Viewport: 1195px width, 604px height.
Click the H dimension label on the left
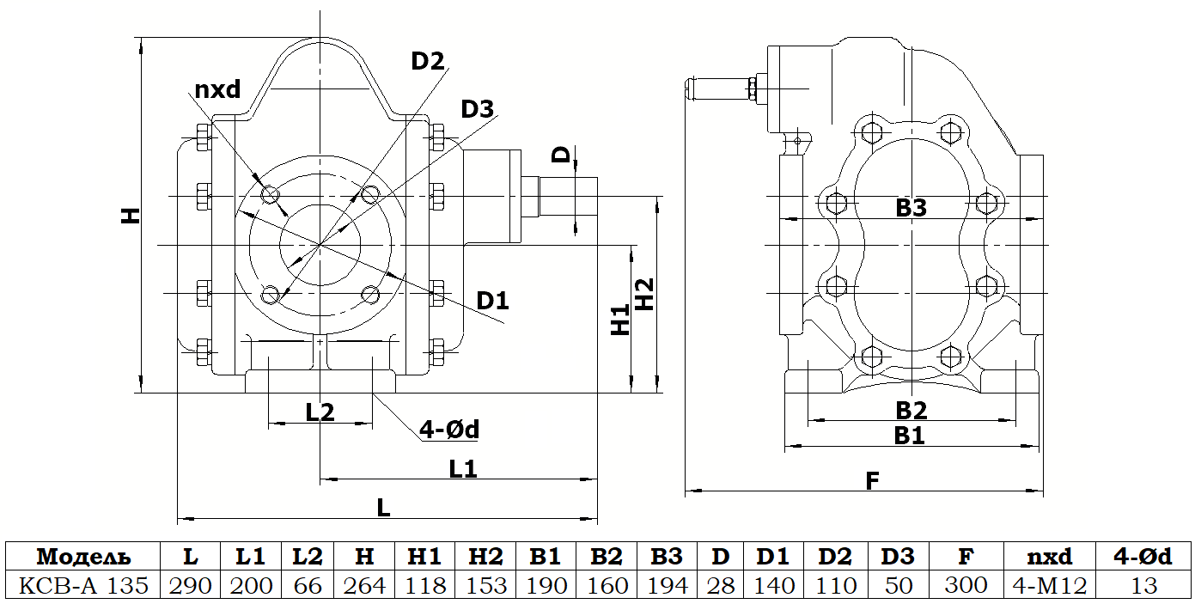[131, 215]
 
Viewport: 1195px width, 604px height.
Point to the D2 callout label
[428, 61]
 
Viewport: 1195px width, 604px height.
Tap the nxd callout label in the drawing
[217, 89]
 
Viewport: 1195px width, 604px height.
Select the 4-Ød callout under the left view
[449, 429]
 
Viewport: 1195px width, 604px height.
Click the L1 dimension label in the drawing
[462, 469]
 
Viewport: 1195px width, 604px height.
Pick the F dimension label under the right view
[872, 481]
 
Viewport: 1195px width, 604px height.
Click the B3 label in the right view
[911, 208]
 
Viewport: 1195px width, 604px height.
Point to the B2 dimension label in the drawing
[911, 411]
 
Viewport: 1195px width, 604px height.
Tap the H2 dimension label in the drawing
[645, 294]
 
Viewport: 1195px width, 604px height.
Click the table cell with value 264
[364, 585]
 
